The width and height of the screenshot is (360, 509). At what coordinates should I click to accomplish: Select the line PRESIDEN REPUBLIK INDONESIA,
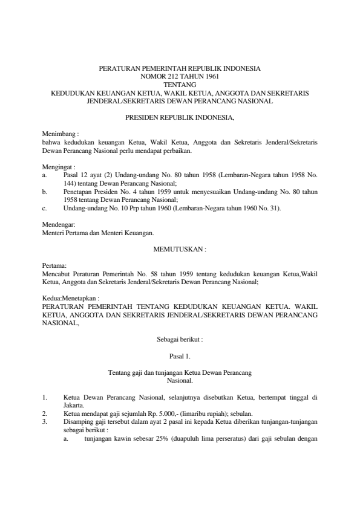point(179,117)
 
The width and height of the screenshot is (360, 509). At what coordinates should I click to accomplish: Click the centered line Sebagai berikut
point(179,340)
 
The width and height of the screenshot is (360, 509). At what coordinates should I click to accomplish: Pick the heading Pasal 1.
point(180,357)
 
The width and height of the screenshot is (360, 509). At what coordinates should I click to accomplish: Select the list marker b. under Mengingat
point(45,190)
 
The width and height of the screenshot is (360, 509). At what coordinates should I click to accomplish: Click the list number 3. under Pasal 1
point(44,422)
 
